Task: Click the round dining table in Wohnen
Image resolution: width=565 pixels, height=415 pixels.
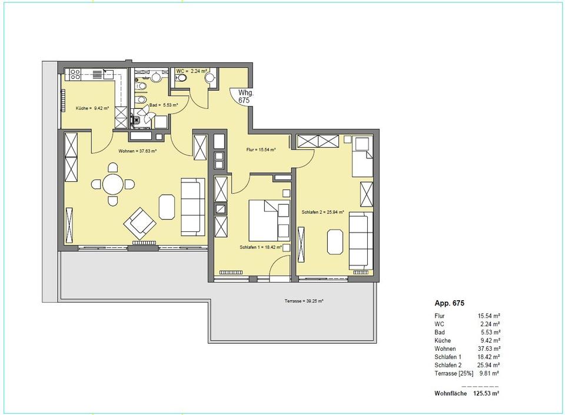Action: tap(113, 184)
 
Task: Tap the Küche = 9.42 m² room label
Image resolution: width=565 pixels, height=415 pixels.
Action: tap(92, 108)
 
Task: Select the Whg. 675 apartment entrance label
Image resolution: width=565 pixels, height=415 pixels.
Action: tap(244, 97)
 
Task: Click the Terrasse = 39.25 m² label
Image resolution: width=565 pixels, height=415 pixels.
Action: tap(304, 301)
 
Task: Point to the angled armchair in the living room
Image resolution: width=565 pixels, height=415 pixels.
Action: tap(140, 223)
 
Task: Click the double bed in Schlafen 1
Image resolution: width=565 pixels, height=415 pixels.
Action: tap(269, 221)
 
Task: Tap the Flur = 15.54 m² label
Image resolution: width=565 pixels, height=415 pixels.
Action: tap(261, 150)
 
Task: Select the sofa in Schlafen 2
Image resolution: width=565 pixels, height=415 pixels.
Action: tap(361, 241)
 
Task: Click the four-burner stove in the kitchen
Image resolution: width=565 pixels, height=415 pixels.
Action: tap(75, 74)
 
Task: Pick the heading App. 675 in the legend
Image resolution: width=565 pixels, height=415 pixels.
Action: tap(449, 303)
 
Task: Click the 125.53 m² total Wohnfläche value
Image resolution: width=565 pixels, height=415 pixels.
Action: tap(486, 393)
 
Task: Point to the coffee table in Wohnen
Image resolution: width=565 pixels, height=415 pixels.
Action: tap(167, 207)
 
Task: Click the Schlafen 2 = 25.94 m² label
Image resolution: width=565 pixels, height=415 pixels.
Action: tap(323, 212)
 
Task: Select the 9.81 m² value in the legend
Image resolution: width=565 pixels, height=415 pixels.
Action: tap(489, 374)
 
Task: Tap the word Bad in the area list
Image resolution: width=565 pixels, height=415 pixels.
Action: tap(440, 332)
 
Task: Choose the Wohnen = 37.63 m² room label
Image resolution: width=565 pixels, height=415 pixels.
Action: tap(137, 151)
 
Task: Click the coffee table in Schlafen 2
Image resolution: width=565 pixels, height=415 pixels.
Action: tap(335, 242)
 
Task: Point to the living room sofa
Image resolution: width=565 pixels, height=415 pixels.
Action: tap(192, 207)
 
